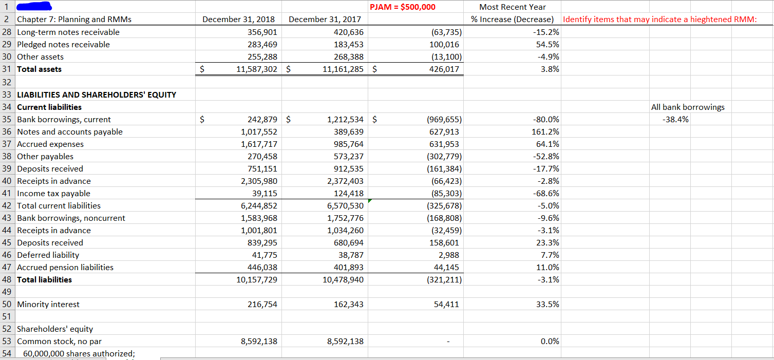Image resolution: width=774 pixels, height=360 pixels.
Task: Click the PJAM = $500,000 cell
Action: coord(402,7)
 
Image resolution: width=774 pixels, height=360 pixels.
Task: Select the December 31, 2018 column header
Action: coord(239,20)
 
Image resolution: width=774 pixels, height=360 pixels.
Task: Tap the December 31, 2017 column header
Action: coord(325,20)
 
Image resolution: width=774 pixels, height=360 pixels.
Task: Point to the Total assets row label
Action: coord(40,69)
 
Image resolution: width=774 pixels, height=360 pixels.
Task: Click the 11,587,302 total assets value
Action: coord(256,69)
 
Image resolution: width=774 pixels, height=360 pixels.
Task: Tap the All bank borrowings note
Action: coord(688,107)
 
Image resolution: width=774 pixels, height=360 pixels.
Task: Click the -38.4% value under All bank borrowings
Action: coord(676,119)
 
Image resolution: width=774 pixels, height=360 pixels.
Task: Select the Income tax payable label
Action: coord(53,193)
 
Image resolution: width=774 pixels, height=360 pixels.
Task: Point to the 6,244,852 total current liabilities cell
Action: coord(259,205)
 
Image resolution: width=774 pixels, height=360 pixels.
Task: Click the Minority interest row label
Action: coord(48,304)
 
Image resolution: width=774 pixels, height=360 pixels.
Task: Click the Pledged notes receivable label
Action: coord(63,44)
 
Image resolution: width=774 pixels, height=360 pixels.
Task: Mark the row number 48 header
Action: coord(7,279)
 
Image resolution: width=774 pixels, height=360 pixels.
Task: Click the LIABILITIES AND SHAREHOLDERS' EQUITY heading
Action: coord(97,94)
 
